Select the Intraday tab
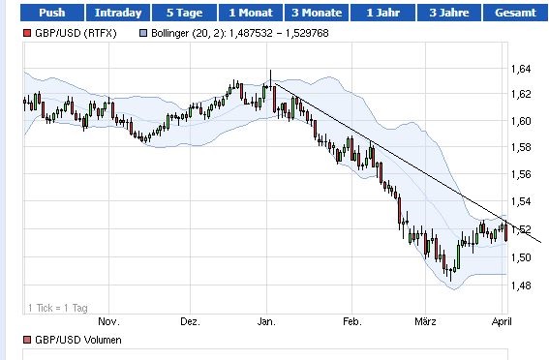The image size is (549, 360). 118,13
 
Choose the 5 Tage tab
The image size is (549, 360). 185,13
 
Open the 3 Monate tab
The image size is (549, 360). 316,13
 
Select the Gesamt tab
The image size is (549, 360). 515,13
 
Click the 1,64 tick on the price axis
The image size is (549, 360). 520,69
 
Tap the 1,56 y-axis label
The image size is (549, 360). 520,176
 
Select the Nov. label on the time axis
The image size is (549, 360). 107,321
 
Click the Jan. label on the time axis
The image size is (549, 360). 268,321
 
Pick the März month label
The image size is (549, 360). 427,321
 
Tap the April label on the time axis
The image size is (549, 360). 501,321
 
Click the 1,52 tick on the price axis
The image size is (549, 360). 520,230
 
